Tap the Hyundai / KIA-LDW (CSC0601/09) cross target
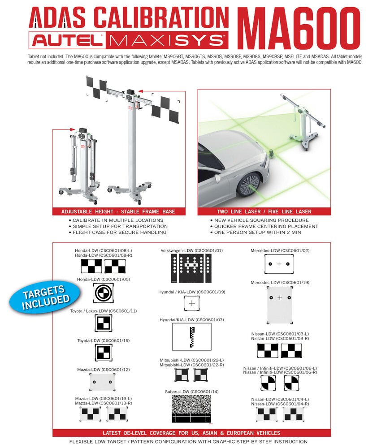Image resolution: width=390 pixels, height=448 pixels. click(x=192, y=303)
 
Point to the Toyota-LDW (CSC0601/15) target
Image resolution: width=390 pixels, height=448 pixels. click(x=104, y=353)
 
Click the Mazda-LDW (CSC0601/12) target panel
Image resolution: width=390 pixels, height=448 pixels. click(x=103, y=382)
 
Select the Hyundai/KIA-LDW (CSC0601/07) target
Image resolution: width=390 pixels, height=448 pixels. click(x=191, y=336)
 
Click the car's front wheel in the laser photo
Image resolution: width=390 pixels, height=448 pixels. click(x=250, y=184)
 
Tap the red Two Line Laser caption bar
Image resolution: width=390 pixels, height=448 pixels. click(x=264, y=211)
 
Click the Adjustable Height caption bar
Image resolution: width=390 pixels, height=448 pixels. click(x=118, y=211)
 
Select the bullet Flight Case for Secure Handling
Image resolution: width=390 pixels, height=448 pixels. click(x=118, y=233)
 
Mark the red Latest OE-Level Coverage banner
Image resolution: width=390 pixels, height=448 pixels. click(x=191, y=433)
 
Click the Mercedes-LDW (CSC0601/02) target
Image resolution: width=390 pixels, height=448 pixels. click(x=279, y=264)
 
